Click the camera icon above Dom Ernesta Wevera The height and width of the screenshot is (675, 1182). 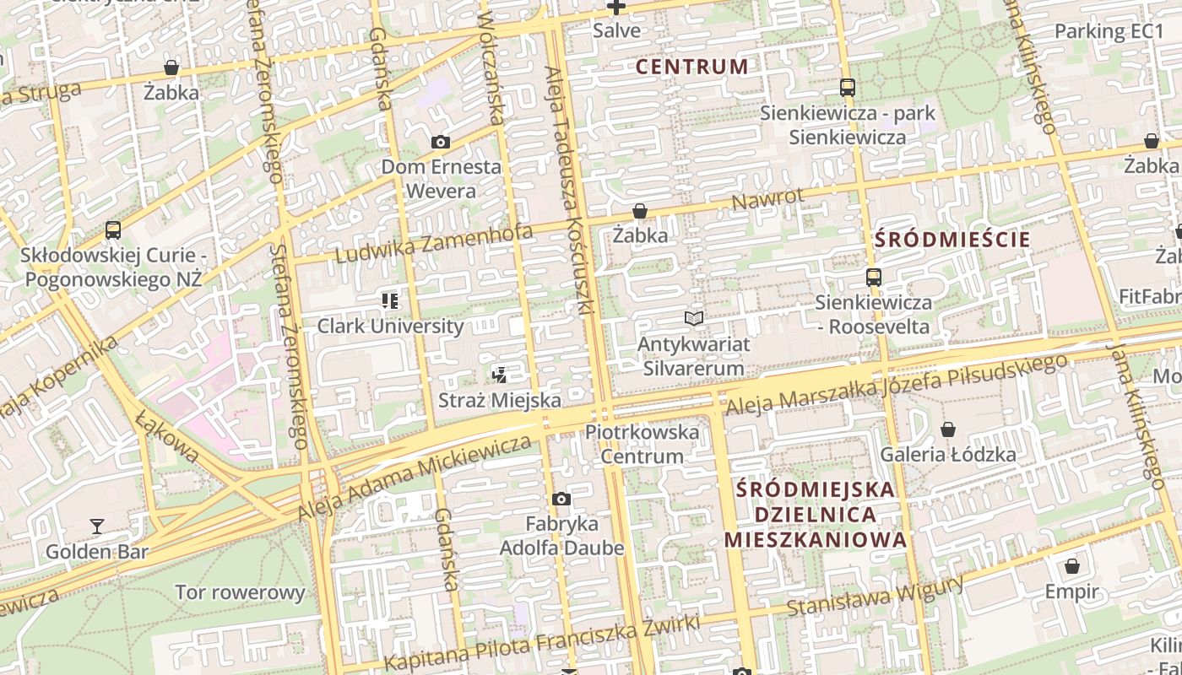pos(440,143)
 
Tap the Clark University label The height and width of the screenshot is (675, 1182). pos(390,326)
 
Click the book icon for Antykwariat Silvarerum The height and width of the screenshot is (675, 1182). pos(694,319)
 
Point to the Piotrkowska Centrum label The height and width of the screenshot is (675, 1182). pos(643,444)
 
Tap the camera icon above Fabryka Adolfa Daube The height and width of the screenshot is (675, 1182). pos(561,499)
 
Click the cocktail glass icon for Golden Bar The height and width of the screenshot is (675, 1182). pos(97,526)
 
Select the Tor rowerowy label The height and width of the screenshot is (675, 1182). pos(240,592)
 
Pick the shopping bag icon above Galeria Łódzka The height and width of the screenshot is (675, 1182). pos(948,429)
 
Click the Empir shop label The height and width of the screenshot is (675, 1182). pos(1072,591)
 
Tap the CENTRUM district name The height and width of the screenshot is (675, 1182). pos(691,67)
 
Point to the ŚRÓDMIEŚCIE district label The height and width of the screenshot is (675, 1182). pos(952,240)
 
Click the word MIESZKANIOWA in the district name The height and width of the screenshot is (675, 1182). pos(815,540)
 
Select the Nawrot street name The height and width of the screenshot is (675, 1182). pos(767,201)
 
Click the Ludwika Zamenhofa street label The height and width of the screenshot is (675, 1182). pos(434,243)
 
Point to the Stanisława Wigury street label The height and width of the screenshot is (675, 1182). pos(875,597)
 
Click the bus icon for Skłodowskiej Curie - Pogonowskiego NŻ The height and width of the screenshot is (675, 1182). pos(113,230)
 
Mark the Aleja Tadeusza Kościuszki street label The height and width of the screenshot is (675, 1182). pos(572,192)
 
